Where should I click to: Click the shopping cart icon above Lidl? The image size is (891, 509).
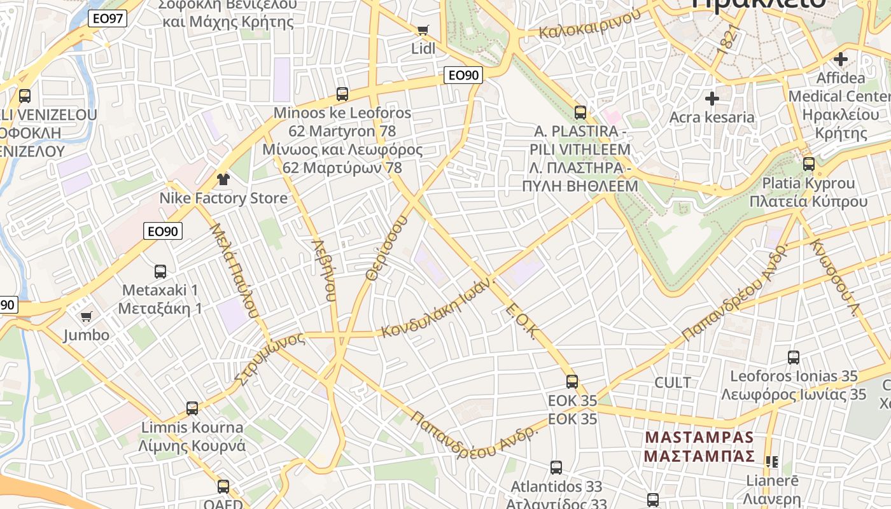click(x=423, y=30)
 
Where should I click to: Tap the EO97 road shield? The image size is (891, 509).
click(x=108, y=18)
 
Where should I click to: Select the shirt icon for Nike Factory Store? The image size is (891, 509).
click(x=223, y=179)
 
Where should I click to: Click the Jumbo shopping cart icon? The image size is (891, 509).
click(x=86, y=316)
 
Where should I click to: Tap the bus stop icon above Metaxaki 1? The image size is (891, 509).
click(x=160, y=272)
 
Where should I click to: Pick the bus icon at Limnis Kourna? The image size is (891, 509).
click(x=192, y=408)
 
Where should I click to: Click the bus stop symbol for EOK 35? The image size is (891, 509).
click(x=572, y=382)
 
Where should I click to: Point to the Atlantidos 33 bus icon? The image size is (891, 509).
click(x=556, y=468)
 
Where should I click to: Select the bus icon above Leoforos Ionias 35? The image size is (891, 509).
click(x=794, y=358)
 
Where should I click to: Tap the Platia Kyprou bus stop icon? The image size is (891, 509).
click(x=808, y=164)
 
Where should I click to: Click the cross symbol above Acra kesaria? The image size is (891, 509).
click(x=712, y=99)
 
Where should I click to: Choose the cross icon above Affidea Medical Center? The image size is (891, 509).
click(x=841, y=59)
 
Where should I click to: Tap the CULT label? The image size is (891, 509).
click(x=673, y=382)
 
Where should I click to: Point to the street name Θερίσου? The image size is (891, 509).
click(x=386, y=248)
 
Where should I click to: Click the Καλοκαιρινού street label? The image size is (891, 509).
click(x=589, y=24)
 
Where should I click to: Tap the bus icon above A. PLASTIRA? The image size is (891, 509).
click(x=580, y=113)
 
